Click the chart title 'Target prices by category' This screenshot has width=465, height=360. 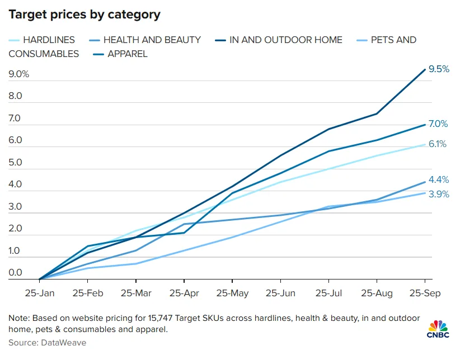coord(84,15)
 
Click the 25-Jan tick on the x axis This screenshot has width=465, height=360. coord(40,293)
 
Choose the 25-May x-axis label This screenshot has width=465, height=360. coord(232,293)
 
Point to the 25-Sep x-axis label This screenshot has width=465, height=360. coord(425,293)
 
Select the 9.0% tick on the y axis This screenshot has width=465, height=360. coord(18,74)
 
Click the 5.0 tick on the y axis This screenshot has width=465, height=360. coord(15,163)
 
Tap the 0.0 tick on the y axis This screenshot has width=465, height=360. coord(15,273)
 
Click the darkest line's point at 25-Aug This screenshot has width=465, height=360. coord(377,113)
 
